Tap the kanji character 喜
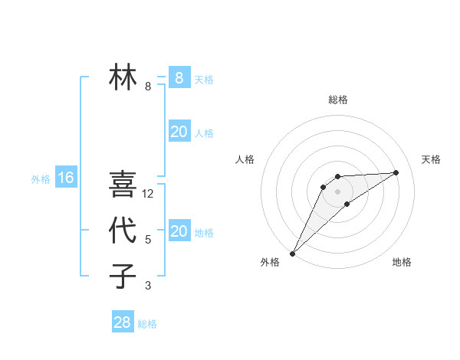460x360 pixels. click(x=123, y=184)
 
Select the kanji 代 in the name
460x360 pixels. click(x=123, y=230)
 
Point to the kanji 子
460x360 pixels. click(x=123, y=276)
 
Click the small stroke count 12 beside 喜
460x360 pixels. click(x=148, y=194)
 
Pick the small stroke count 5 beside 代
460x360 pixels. click(x=148, y=240)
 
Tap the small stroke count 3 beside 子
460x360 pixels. click(x=148, y=286)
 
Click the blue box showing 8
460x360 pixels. click(x=179, y=77)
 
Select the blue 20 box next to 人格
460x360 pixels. click(x=179, y=132)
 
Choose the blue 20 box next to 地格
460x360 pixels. click(x=179, y=231)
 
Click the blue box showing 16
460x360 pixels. click(x=66, y=178)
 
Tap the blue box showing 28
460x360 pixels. click(x=122, y=322)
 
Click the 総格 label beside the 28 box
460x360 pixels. click(x=147, y=324)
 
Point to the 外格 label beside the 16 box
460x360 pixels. click(x=41, y=179)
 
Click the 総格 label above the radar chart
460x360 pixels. click(x=337, y=100)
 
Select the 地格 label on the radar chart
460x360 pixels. click(x=402, y=262)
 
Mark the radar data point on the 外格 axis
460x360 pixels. click(x=292, y=253)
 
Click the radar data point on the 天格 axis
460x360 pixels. click(x=396, y=172)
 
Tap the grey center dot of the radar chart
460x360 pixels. click(x=337, y=191)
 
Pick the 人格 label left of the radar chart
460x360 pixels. click(x=245, y=159)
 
